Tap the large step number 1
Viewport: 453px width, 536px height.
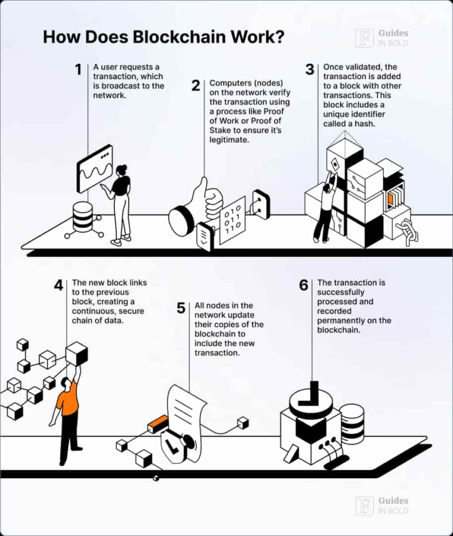[78, 70]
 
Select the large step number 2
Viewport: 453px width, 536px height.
[196, 86]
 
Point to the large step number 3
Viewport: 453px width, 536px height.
[310, 70]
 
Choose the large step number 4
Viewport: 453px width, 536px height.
[59, 285]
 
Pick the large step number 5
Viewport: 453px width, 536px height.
[181, 308]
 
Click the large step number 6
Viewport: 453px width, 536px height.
[303, 285]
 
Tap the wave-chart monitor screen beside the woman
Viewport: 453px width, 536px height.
[94, 168]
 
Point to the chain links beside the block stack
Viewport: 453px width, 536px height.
[407, 232]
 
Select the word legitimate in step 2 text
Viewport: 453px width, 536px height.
[228, 140]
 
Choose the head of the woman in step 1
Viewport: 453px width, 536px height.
[122, 170]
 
